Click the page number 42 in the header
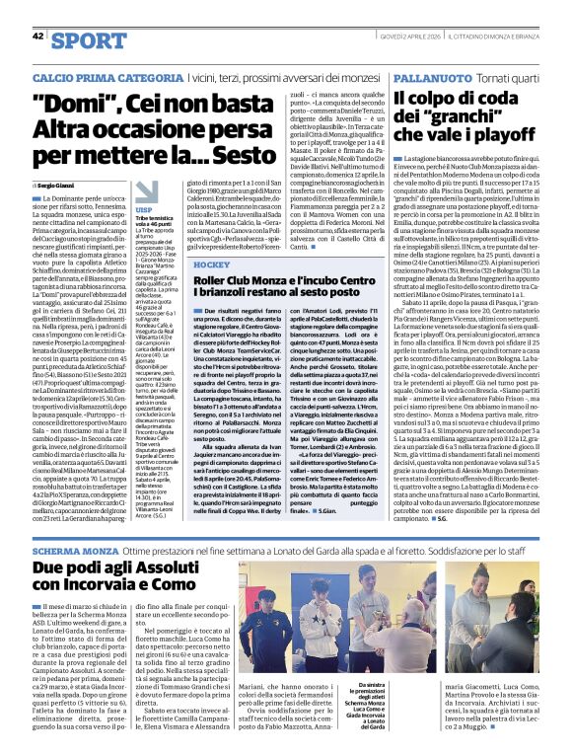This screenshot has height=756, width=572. (x=37, y=38)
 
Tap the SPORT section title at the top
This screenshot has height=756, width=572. (x=88, y=39)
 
